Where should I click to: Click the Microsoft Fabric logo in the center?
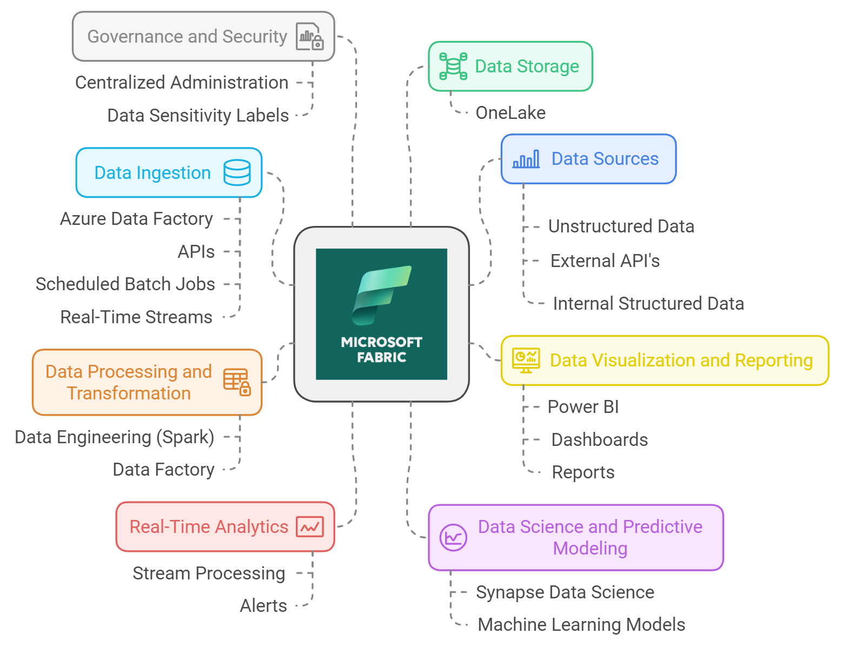381,314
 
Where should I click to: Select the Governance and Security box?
203,36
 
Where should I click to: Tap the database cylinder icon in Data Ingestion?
237,172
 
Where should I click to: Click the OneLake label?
510,113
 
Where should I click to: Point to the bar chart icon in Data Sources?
526,159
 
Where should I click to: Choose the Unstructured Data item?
621,226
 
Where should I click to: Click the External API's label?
605,261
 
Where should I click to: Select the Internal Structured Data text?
648,304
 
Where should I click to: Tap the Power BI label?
582,407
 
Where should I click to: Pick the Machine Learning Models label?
581,625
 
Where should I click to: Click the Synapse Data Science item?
565,592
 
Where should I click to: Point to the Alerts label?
263,606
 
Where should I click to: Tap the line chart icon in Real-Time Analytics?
310,527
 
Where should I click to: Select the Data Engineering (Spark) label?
115,437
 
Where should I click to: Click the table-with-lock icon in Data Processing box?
237,382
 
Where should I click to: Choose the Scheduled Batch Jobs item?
125,284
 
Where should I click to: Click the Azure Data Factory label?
136,219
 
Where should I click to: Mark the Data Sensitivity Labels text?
198,116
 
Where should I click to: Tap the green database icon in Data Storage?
453,66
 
